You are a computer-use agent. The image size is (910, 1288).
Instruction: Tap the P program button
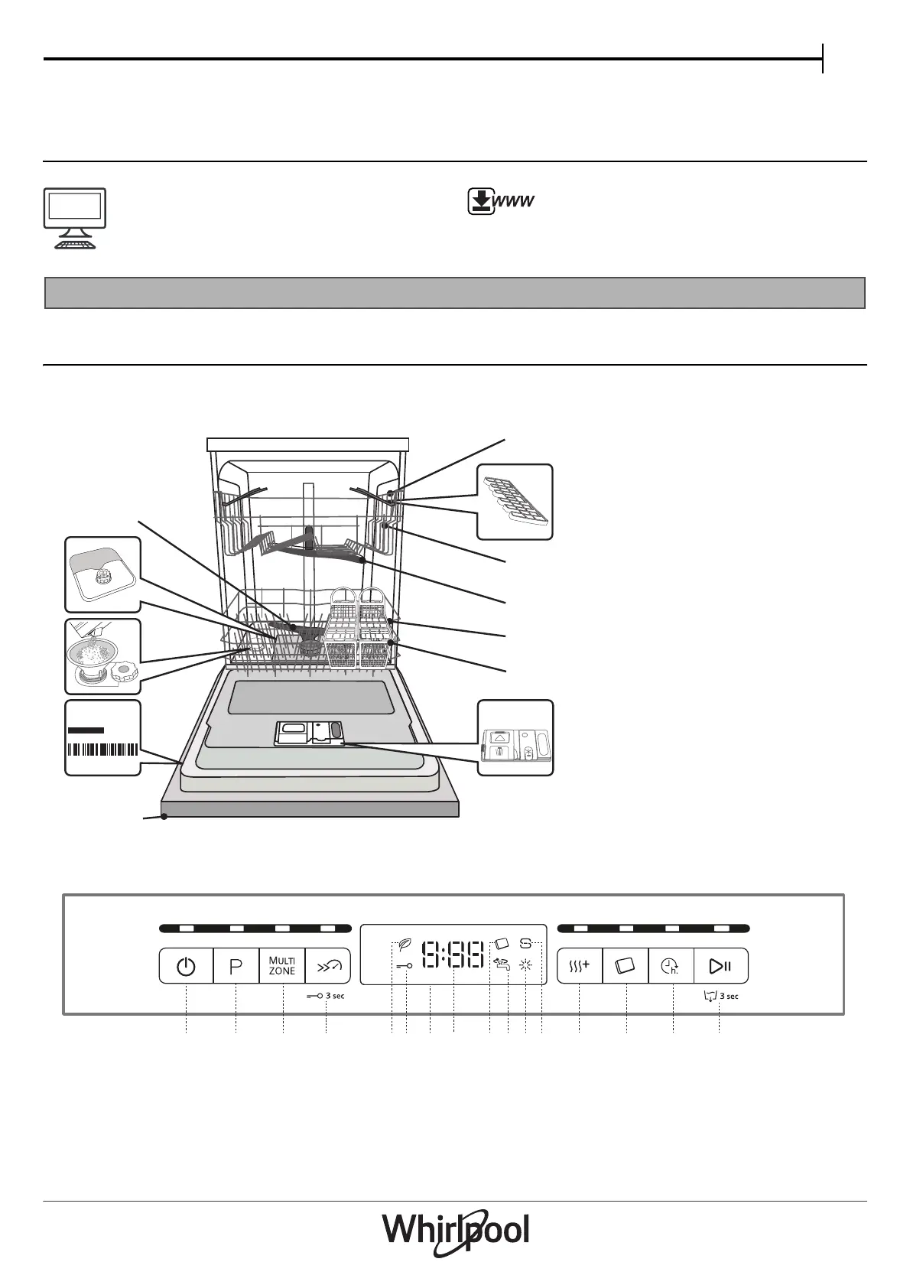[x=236, y=967]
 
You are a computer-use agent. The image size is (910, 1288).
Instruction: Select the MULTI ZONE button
[x=282, y=967]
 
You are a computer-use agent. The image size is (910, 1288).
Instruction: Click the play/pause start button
[x=720, y=967]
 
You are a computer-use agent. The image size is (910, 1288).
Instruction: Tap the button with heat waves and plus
[x=580, y=967]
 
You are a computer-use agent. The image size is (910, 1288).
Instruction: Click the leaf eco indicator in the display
[x=405, y=945]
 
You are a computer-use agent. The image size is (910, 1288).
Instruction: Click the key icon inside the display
[x=405, y=966]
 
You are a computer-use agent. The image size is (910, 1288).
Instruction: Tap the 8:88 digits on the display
[x=453, y=955]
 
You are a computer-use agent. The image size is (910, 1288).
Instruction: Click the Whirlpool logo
[x=455, y=1232]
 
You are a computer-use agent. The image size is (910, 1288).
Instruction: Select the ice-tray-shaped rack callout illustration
[x=515, y=502]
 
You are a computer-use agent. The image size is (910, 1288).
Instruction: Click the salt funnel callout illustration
[x=103, y=655]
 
